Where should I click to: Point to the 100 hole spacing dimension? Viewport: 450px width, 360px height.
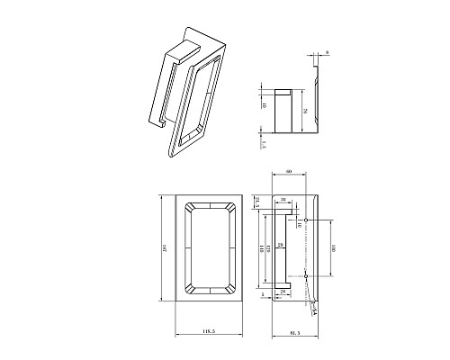[334, 247]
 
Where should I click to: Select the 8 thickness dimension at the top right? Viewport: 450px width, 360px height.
[328, 54]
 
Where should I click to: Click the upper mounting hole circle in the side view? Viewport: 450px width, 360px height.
[306, 220]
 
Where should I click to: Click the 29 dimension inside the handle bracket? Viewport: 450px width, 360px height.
[280, 244]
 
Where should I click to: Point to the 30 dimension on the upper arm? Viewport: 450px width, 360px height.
[283, 200]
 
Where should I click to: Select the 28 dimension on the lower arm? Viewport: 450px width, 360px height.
[282, 292]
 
